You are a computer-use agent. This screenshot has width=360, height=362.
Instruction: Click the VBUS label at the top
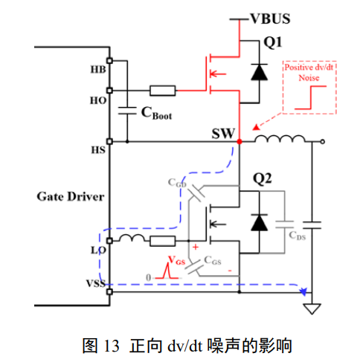tap(270, 19)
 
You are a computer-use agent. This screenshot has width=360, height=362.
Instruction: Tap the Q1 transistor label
tap(273, 42)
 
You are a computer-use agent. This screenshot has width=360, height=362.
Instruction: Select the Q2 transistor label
tap(262, 178)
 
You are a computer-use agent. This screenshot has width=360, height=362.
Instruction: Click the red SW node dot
tap(240, 141)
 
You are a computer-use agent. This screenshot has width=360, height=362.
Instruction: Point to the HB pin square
tap(109, 60)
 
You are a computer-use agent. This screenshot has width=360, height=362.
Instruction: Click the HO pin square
tap(109, 91)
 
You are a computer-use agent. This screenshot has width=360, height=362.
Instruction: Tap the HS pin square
tap(109, 141)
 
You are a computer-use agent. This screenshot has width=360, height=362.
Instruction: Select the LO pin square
tap(109, 241)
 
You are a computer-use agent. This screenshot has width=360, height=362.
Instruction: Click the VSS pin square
tap(109, 291)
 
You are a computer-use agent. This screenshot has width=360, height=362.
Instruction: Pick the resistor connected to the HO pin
tap(163, 91)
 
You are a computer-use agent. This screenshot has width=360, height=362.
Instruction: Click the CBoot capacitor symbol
tap(127, 111)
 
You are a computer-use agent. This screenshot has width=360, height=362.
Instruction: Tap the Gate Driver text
tap(71, 197)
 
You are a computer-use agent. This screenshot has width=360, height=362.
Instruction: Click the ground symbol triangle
tap(312, 308)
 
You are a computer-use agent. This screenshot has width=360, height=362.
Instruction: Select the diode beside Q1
tap(259, 72)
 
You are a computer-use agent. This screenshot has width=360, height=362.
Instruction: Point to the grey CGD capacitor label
tap(177, 183)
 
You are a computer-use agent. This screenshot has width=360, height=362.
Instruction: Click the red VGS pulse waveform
tap(168, 271)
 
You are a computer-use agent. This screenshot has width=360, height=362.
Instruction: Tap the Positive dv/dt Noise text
tap(309, 72)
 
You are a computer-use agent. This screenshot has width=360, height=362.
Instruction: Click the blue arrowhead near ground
tap(303, 291)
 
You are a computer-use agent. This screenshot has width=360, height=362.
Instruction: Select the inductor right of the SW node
tap(280, 139)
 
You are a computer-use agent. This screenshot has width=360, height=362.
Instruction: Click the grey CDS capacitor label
tap(298, 236)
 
